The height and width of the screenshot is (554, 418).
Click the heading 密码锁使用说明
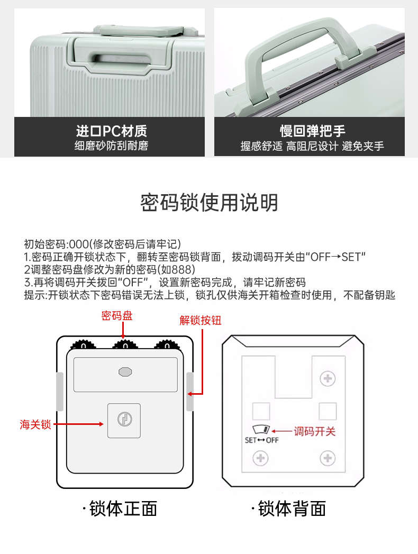click(x=209, y=203)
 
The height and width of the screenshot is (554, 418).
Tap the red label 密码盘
click(x=117, y=315)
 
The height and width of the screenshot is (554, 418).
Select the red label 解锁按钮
click(x=201, y=321)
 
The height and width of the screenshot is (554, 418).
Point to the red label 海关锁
click(x=35, y=424)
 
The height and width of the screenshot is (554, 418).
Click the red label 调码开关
click(x=314, y=431)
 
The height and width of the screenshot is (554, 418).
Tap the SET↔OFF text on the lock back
click(x=261, y=440)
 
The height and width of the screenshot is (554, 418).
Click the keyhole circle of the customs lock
click(x=124, y=420)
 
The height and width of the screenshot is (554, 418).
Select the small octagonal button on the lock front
click(x=125, y=371)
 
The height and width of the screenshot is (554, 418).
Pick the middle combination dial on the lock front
click(x=125, y=344)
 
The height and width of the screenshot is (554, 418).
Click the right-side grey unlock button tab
click(x=190, y=392)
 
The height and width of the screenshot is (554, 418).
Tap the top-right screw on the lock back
click(x=328, y=378)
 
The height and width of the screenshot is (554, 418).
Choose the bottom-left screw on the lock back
click(x=260, y=458)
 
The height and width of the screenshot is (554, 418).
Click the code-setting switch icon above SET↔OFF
click(x=261, y=430)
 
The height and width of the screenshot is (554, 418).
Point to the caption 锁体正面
click(x=120, y=509)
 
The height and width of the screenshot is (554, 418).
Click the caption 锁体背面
click(x=289, y=509)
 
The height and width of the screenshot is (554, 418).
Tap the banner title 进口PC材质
click(x=111, y=131)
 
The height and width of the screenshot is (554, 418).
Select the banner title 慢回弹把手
click(x=312, y=131)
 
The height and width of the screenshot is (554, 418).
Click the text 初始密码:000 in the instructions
click(x=56, y=244)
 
